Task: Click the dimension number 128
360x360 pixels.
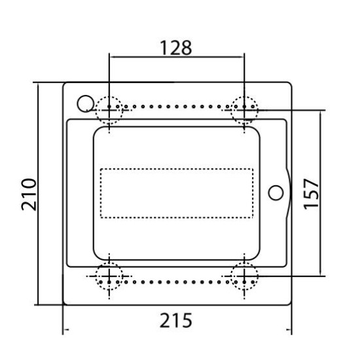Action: click(176, 48)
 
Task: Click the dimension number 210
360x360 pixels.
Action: click(29, 194)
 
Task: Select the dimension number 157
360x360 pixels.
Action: click(311, 194)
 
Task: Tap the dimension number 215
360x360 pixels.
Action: click(176, 321)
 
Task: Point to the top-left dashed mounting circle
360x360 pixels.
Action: click(96, 110)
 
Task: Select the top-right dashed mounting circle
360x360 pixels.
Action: click(231, 110)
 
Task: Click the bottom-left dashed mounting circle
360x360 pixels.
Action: click(96, 276)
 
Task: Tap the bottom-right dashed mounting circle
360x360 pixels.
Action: click(231, 276)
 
